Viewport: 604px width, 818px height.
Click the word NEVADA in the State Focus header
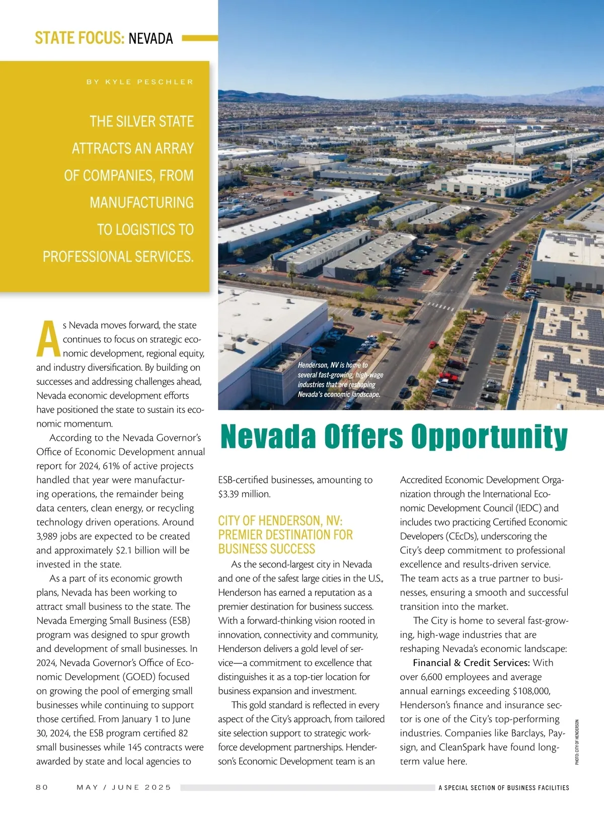click(x=150, y=38)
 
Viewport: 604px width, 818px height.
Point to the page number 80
click(x=42, y=787)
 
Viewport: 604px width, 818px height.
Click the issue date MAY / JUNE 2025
click(x=124, y=787)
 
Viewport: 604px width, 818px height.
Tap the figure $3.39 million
click(x=244, y=494)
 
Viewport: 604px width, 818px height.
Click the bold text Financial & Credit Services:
click(x=471, y=663)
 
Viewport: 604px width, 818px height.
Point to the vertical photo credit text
click(x=577, y=742)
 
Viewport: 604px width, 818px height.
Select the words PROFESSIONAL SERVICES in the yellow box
click(x=118, y=257)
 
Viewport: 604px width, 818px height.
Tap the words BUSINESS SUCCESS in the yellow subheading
click(x=266, y=549)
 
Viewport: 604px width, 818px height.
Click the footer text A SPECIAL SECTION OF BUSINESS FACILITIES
click(x=503, y=787)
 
